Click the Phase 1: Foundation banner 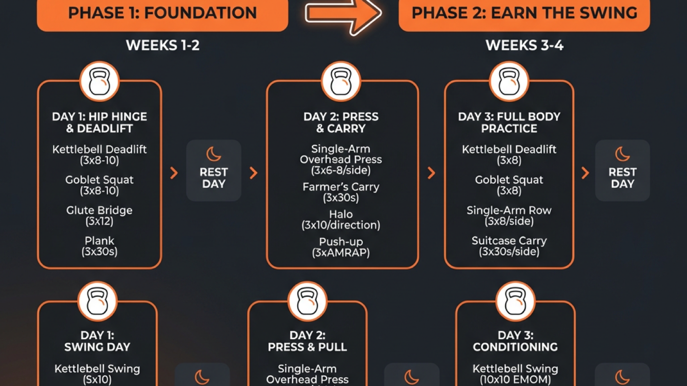coord(162,13)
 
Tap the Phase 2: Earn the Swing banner coord(525,13)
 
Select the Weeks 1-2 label coord(162,46)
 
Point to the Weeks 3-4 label coord(525,46)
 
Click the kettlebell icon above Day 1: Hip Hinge coord(100,82)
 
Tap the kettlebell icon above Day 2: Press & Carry coord(341,82)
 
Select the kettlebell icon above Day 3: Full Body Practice coord(509,82)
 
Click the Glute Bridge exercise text coord(100,211)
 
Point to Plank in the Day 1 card coord(100,241)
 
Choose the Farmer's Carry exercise coord(341,187)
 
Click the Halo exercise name coord(341,214)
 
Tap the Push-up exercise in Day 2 coord(341,242)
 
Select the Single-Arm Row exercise coord(509,211)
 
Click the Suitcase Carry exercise coord(509,241)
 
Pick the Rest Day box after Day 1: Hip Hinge coord(214,171)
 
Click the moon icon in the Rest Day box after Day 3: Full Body coord(622,154)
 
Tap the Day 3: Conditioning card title coord(515,341)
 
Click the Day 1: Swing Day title coord(97,341)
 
